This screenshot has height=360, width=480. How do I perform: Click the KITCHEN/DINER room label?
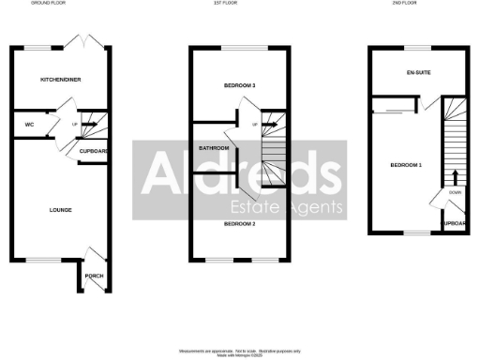[x=60, y=80]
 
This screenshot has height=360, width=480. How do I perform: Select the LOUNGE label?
[x=60, y=209]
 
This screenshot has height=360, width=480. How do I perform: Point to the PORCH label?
[x=94, y=276]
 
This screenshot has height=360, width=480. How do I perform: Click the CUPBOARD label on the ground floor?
[x=95, y=150]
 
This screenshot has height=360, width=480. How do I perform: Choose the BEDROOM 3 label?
[x=240, y=85]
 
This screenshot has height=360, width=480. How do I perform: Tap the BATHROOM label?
[x=215, y=147]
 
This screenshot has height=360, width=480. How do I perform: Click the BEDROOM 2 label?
[x=240, y=224]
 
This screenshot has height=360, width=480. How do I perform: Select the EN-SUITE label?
[x=417, y=72]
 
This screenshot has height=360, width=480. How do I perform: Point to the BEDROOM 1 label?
[x=406, y=165]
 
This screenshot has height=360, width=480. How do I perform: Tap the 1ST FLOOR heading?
[x=240, y=4]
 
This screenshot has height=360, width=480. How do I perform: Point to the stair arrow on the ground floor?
[x=90, y=122]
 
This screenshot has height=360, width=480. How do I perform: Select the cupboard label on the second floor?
[x=456, y=224]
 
